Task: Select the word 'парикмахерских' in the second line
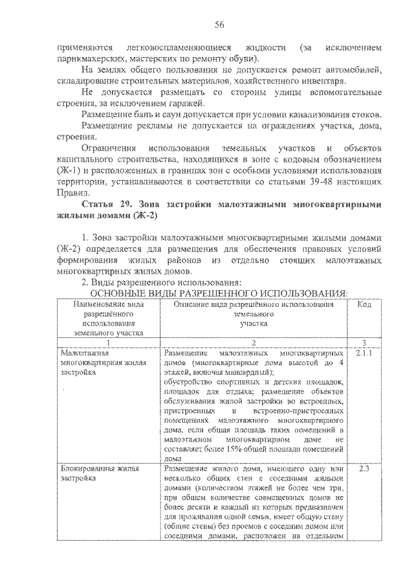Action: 86,59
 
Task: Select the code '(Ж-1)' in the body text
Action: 70,170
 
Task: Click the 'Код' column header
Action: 364,304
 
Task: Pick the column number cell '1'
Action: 109,342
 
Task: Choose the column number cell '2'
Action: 254,342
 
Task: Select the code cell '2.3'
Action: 363,468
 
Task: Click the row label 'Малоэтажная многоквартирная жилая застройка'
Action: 96,364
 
